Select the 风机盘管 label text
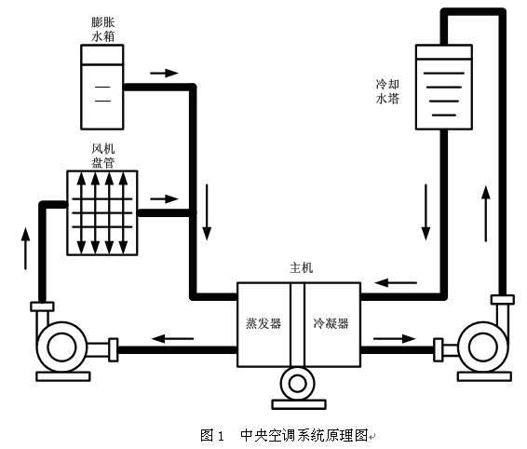pos(101,154)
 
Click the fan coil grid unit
pos(102,212)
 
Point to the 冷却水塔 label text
pos(387,89)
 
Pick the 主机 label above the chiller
pos(302,267)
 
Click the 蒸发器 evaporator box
pos(263,322)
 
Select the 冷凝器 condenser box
pos(331,322)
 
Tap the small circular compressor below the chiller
pos(298,383)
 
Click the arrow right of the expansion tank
pos(163,72)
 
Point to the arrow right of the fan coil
pos(163,199)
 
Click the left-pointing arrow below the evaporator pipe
pos(174,337)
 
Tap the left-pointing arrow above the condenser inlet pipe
pos(396,282)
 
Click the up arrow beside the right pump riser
pos(484,212)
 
